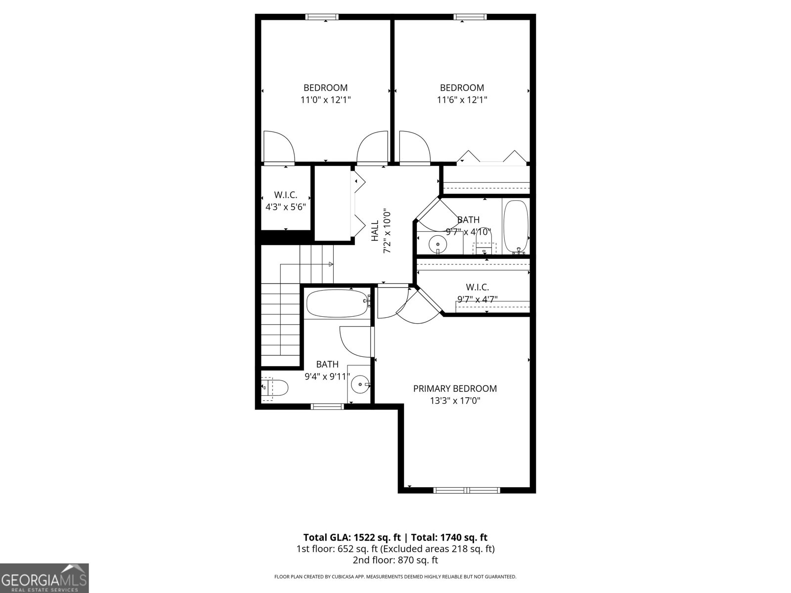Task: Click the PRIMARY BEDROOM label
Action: (x=455, y=389)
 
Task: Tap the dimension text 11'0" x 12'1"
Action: (x=326, y=100)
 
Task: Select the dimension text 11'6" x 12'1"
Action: (x=462, y=100)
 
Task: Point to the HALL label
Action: (x=375, y=231)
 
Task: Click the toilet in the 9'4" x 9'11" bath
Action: (x=277, y=388)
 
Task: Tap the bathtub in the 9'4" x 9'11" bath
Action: (x=337, y=303)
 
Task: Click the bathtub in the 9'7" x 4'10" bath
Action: (x=516, y=226)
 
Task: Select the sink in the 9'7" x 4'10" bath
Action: (x=438, y=244)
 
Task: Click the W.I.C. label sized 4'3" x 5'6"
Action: (x=286, y=195)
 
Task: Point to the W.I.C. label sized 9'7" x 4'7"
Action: (x=477, y=287)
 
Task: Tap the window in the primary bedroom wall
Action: (x=467, y=490)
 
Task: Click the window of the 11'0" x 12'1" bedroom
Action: (x=322, y=17)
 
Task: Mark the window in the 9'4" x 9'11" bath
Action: (x=327, y=407)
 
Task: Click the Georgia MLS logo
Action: (x=44, y=579)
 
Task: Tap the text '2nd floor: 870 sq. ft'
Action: (x=395, y=560)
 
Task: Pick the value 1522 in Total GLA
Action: (x=363, y=537)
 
